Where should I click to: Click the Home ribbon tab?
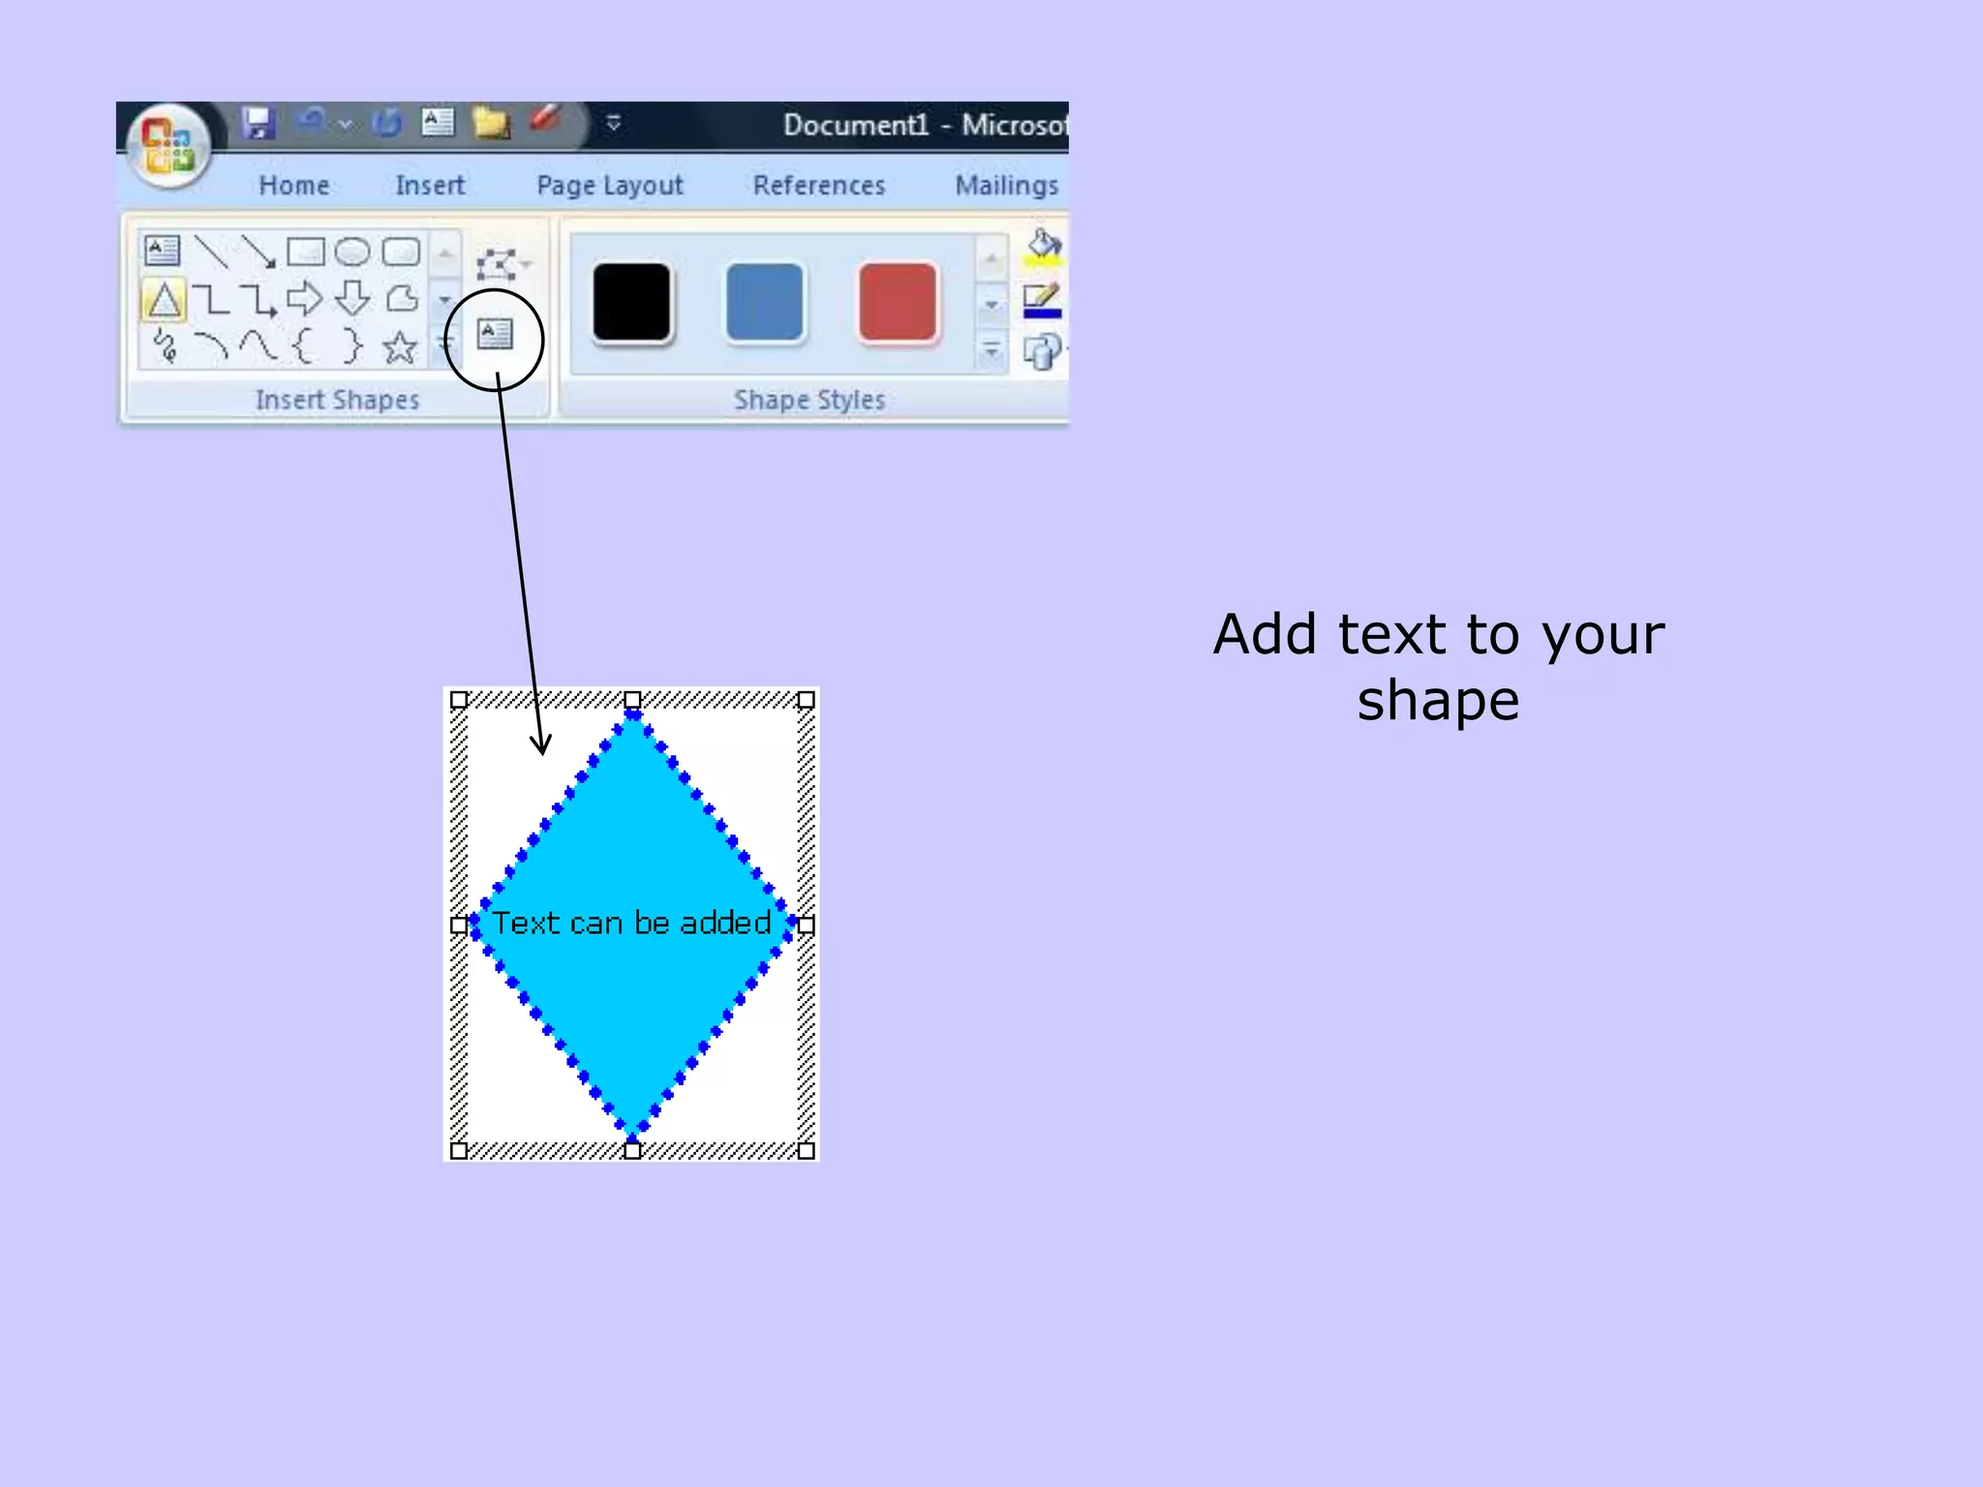coord(293,185)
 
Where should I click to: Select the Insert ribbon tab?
coord(430,185)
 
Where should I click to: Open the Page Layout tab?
coord(610,185)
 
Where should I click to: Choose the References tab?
coord(819,185)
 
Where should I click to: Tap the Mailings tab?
coord(1007,185)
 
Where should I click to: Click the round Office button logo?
coord(169,145)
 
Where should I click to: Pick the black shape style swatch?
coord(631,302)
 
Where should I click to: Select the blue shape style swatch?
coord(765,302)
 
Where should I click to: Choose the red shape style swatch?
coord(898,302)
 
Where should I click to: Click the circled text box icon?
coord(495,335)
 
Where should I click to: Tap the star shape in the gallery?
coord(399,347)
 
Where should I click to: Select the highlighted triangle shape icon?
coord(164,300)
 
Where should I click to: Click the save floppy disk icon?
coord(259,123)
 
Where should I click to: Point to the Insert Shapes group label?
coord(337,400)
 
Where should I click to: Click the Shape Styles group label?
coord(809,400)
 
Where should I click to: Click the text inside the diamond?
coord(631,923)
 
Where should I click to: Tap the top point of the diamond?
coord(632,715)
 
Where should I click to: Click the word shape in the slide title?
coord(1438,701)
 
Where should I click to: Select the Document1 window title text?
coord(856,125)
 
